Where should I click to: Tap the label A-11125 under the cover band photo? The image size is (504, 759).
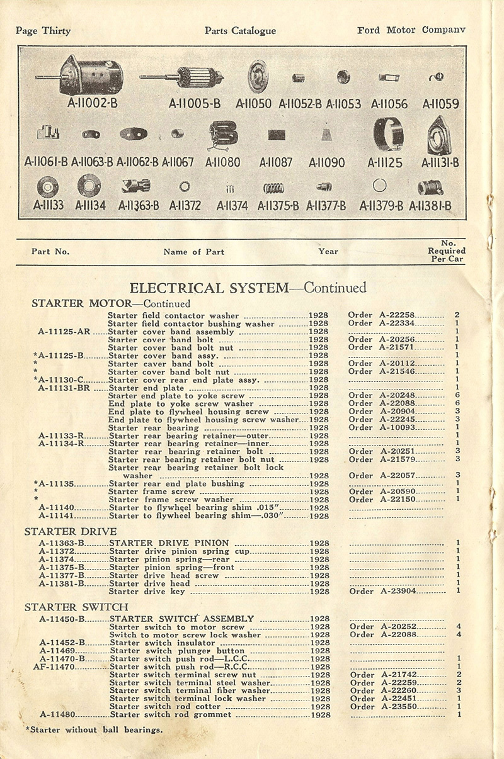click(385, 162)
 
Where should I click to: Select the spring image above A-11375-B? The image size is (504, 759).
click(273, 187)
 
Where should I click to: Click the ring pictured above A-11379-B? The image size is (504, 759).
click(379, 186)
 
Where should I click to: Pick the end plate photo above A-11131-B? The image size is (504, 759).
click(438, 136)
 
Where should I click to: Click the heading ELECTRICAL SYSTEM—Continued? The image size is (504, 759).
click(248, 288)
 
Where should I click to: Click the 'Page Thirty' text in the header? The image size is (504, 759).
click(43, 31)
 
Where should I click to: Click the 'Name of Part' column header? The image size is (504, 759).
click(193, 252)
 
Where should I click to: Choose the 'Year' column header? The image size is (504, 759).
click(328, 251)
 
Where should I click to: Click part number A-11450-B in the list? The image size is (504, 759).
click(62, 619)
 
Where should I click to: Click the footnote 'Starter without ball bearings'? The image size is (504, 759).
click(94, 730)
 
